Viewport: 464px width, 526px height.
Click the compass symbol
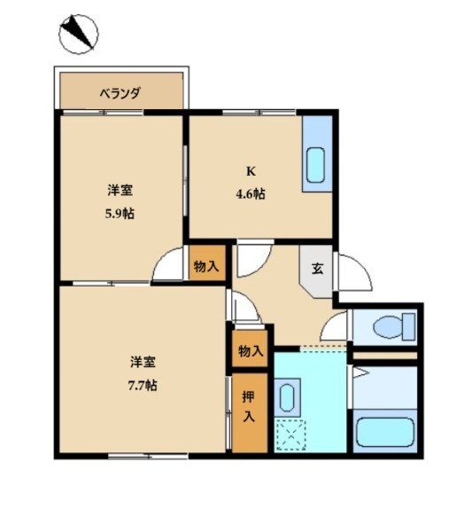pos(78,34)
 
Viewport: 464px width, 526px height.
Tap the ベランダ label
pos(120,93)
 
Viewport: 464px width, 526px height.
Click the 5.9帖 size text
pos(120,214)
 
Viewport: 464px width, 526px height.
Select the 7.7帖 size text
pos(143,385)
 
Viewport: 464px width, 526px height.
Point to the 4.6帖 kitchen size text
pos(251,194)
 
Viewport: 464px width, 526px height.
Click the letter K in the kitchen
pos(251,171)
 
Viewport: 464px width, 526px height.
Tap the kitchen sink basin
pos(316,165)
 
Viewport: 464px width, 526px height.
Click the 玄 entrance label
pos(318,269)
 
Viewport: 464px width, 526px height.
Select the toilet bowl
pos(387,326)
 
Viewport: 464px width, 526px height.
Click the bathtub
pos(385,432)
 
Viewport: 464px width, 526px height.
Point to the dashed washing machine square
pos(290,436)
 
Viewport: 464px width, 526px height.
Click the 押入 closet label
pos(249,406)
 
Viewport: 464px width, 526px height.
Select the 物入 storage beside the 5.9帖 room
pos(206,267)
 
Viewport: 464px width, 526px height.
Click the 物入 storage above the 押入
pos(251,351)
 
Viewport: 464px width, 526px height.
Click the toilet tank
pos(409,326)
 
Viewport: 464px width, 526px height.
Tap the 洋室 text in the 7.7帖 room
pos(143,362)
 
